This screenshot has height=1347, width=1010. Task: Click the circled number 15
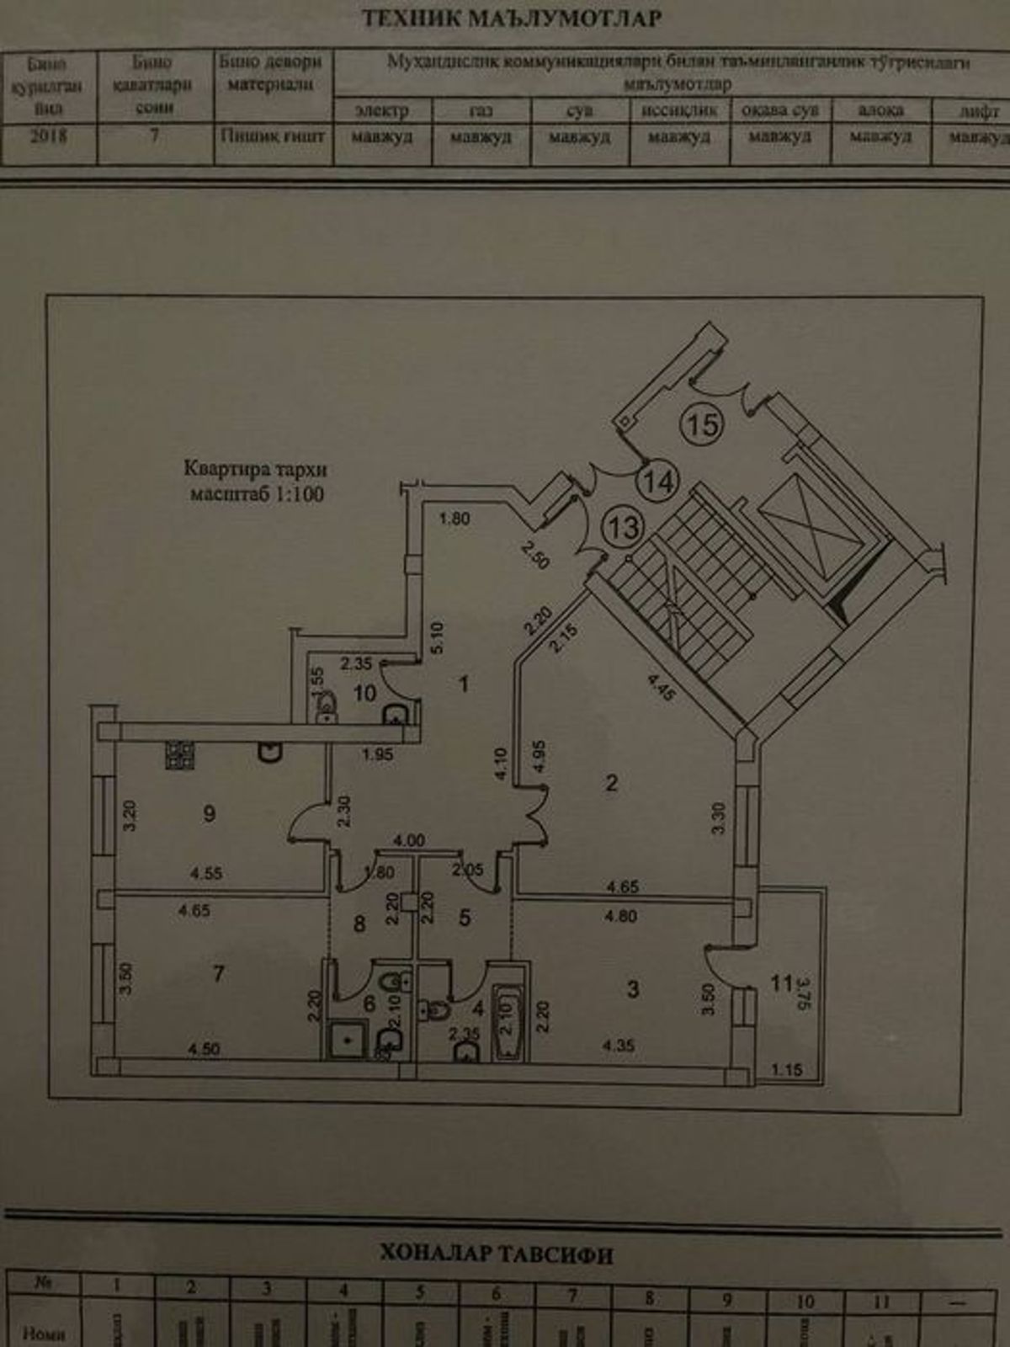coord(704,423)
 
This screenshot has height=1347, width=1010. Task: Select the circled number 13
coord(625,528)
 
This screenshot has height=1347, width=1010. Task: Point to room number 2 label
coord(612,783)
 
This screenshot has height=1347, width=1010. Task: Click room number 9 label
coord(210,813)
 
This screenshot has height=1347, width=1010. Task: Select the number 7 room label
coord(219,973)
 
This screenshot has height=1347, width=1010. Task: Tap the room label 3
coord(634,989)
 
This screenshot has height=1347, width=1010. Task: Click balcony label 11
coord(782,982)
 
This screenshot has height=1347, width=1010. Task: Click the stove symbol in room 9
coord(179,756)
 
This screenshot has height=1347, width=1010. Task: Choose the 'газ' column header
coord(481,110)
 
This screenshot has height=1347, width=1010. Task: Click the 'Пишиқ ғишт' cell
coord(272,135)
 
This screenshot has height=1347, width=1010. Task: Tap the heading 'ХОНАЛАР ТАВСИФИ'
coord(497,1255)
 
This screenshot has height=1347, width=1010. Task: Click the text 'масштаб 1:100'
coord(256,495)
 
